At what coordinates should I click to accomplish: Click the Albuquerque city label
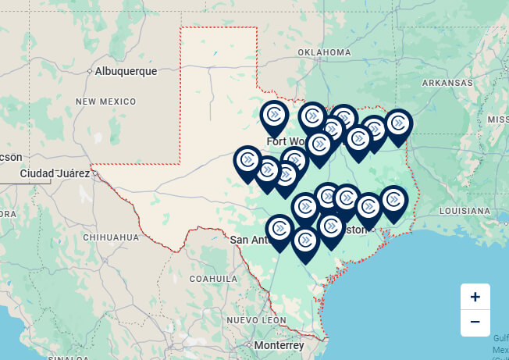coord(126,71)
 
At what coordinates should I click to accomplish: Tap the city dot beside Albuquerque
coord(90,71)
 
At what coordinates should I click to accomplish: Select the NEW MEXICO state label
coord(105,102)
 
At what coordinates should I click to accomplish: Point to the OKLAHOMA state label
coord(324,52)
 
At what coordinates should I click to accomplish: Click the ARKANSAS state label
coord(447,82)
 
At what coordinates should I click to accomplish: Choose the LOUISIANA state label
coord(464,211)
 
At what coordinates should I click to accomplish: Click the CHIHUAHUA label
coord(110,237)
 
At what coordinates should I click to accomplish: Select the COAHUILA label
coord(213,278)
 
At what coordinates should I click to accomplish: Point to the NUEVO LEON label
coord(252,320)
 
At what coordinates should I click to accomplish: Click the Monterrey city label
coord(279,345)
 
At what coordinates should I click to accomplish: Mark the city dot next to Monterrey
coord(249,344)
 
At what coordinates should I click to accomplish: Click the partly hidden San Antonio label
coord(248,240)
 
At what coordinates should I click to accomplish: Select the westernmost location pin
coord(248,161)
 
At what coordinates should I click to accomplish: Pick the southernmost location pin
coord(305,241)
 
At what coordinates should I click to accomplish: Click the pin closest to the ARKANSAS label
coord(398,124)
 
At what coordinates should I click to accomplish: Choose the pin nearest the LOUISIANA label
coord(393,201)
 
